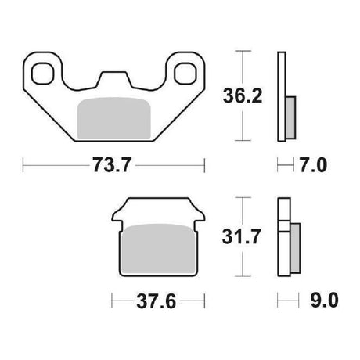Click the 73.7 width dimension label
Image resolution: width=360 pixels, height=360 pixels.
(112, 165)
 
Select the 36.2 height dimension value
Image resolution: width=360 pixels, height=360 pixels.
(243, 96)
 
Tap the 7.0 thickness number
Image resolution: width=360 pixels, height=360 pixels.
(313, 165)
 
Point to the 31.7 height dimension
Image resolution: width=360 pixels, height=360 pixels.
(241, 237)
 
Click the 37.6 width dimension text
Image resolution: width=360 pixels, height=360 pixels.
(157, 301)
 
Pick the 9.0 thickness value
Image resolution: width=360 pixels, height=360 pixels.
(324, 301)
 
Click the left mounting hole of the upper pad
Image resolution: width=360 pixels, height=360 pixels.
(43, 74)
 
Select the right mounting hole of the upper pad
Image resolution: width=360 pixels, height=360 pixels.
(185, 74)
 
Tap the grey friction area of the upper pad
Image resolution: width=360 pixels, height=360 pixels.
(114, 118)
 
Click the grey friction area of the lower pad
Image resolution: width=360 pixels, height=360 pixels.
(158, 249)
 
